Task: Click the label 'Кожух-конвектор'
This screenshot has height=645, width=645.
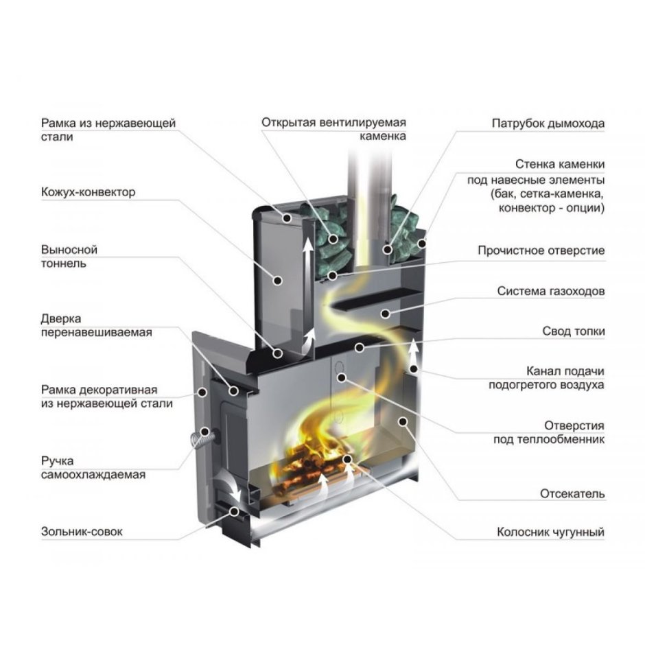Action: pos(89,192)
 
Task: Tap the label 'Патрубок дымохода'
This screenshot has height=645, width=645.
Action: pos(548,124)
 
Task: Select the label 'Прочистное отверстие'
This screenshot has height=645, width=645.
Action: pos(541,250)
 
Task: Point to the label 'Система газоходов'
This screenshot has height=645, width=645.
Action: pos(551,292)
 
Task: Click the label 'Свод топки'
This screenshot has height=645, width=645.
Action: pos(574,331)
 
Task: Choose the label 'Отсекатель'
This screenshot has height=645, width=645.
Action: pos(572,493)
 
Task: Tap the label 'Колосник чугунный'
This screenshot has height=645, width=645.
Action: pos(551,532)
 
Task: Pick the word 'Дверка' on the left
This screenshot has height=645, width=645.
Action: pos(61,319)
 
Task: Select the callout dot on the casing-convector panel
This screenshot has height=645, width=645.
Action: pos(278,279)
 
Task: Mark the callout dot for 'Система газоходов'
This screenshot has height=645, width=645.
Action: pos(387,314)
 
